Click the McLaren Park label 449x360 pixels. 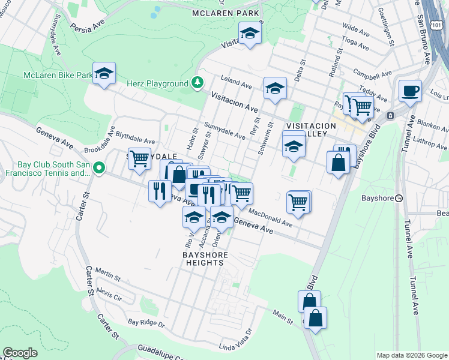point(226,13)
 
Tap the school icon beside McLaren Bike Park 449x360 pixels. point(104,74)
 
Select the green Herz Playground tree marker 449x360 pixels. point(197,83)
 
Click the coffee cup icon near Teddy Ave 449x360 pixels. point(410,91)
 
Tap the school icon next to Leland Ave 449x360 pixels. point(275,89)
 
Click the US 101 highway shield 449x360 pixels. point(436,22)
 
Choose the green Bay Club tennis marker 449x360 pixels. point(101,167)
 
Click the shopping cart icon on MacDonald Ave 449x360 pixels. point(298,203)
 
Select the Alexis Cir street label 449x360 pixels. point(109,296)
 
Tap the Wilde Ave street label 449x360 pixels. point(355,28)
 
